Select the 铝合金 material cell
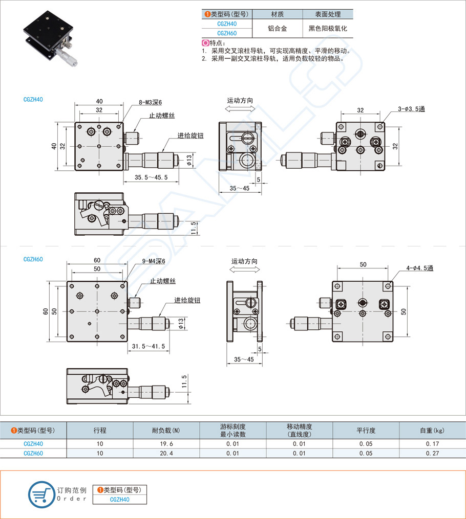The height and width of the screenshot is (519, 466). (x=277, y=29)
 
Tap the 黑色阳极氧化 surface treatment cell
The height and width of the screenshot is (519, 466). (x=328, y=29)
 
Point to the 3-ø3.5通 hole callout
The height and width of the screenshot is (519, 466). (x=412, y=109)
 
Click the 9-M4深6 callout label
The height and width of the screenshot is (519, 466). (x=154, y=261)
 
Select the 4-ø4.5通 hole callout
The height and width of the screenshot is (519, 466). (x=420, y=268)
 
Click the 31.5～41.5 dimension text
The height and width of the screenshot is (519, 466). (x=149, y=346)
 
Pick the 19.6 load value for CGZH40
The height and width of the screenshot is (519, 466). (x=166, y=444)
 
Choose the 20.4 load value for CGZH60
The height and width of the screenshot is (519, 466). (x=166, y=453)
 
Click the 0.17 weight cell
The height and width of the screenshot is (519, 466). (x=432, y=444)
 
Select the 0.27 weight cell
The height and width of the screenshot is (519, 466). (x=432, y=453)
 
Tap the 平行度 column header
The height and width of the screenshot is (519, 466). (x=366, y=430)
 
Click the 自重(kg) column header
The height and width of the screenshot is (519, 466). (x=432, y=430)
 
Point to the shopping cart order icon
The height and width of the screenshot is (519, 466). (x=41, y=494)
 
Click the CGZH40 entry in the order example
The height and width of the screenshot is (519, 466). (x=119, y=500)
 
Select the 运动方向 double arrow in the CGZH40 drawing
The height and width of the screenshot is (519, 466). (x=240, y=110)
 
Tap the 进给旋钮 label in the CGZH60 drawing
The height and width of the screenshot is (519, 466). (x=187, y=300)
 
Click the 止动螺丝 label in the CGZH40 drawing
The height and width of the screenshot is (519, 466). (x=162, y=116)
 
